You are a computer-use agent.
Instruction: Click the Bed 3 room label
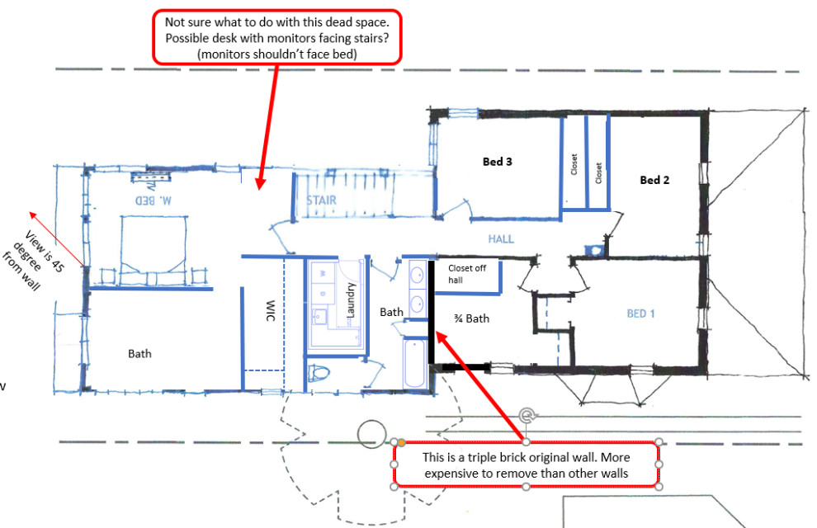(498, 162)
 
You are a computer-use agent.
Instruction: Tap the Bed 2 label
(654, 180)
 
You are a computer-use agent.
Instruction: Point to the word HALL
(500, 239)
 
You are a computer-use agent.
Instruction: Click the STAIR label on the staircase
(322, 200)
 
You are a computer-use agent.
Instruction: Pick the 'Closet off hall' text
(467, 274)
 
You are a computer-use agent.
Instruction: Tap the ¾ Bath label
(472, 318)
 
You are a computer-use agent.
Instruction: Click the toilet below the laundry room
(318, 374)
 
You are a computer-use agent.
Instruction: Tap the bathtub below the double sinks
(413, 364)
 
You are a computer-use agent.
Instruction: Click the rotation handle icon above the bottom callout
(527, 415)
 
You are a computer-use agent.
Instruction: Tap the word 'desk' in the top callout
(223, 39)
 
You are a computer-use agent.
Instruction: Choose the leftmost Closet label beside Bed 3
(574, 164)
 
